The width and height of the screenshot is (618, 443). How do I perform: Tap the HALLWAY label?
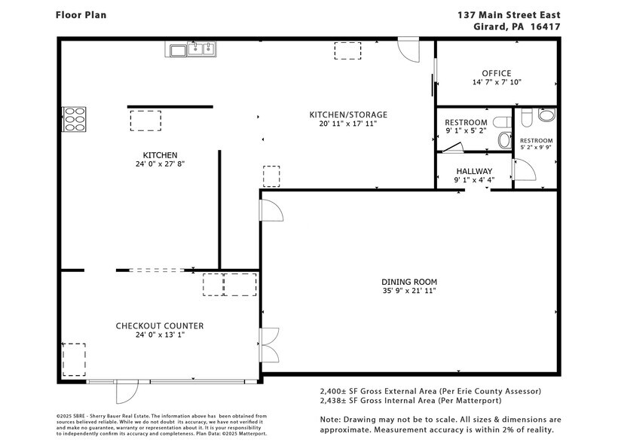tap(473, 171)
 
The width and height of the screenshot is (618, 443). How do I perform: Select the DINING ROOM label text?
tap(408, 281)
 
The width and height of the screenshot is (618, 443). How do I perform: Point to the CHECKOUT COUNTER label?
tap(159, 325)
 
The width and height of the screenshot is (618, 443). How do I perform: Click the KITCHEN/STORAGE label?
tap(348, 115)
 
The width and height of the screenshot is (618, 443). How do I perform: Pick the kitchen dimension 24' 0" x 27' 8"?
tap(156, 163)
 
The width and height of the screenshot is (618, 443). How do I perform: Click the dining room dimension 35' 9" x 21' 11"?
tap(408, 290)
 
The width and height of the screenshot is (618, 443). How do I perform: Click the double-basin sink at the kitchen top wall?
tap(201, 50)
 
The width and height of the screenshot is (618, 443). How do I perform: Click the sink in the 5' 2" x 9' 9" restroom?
tap(546, 115)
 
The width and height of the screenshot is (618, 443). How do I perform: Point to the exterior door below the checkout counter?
tap(127, 392)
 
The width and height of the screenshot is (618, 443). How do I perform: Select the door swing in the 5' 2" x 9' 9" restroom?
tap(525, 171)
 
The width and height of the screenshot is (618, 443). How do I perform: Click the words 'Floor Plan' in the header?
tap(81, 14)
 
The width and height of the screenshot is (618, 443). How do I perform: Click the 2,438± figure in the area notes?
tap(338, 402)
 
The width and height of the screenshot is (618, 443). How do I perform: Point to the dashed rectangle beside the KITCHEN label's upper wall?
tap(145, 121)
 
